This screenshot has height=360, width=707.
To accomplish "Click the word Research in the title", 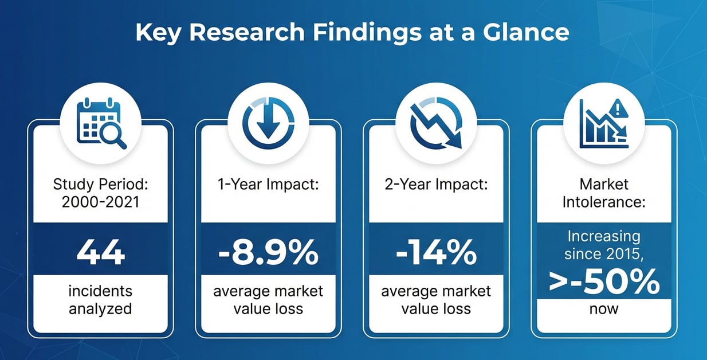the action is [x=247, y=32].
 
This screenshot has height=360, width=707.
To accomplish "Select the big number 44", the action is [x=101, y=252].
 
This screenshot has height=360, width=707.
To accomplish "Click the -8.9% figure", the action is [x=268, y=252].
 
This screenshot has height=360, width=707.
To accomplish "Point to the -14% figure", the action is [x=436, y=252].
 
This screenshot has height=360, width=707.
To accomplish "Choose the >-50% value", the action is [x=604, y=282].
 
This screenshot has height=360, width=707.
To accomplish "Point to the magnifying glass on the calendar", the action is [x=113, y=135].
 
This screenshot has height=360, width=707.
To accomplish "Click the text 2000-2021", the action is [x=101, y=202].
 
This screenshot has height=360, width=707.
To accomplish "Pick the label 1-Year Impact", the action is [x=268, y=184].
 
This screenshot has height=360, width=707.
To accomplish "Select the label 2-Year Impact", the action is [x=436, y=184].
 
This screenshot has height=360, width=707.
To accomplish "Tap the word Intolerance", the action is [x=604, y=202].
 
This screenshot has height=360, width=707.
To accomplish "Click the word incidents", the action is [x=101, y=291].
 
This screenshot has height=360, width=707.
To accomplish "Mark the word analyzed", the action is [x=101, y=308].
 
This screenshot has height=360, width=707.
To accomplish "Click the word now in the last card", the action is [x=604, y=309].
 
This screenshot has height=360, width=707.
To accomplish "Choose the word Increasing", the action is [x=604, y=236].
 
